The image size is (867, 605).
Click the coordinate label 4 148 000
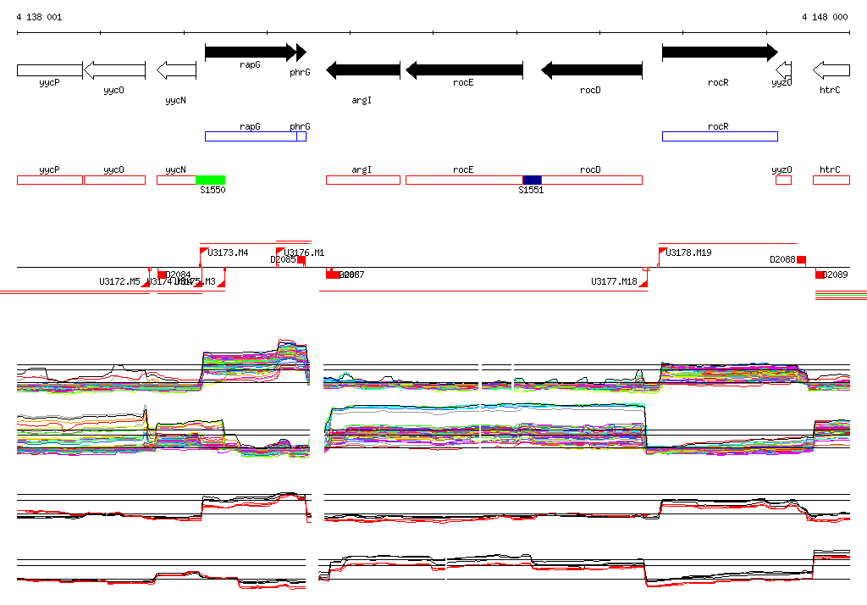pos(824,17)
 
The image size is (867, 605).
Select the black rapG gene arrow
pos(250,53)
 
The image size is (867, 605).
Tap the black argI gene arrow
pos(363,69)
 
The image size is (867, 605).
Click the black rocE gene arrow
pos(464,69)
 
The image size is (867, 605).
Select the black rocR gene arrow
pos(719,53)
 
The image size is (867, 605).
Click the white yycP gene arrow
pos(49,69)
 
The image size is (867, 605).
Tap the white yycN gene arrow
pos(176,69)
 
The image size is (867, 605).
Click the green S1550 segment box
pos(210,180)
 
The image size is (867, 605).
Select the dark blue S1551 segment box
pos(532,180)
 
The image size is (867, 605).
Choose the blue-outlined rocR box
pos(719,136)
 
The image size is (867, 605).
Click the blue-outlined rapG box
pos(251,136)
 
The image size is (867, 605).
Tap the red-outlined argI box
pos(362,180)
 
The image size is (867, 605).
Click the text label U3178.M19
pos(688,253)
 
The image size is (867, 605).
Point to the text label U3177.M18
pos(614,281)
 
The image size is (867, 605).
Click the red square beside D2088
pos(801,259)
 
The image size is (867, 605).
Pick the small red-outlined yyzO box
pos(783,180)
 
